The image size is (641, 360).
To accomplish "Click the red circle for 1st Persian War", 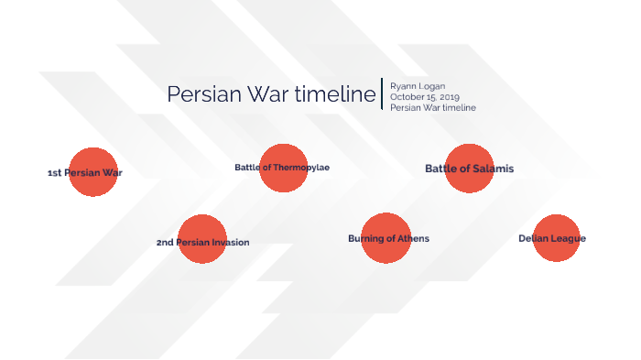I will coord(93,171).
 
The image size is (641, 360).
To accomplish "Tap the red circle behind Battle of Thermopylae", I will coord(284,168).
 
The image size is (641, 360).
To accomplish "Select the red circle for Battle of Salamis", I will coord(470,169).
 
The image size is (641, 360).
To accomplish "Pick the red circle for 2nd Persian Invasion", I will coord(202,239).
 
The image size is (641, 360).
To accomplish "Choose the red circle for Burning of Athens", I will coord(386,238).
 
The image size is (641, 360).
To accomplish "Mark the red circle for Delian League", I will coord(557,238).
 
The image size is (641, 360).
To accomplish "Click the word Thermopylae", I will coord(300,168).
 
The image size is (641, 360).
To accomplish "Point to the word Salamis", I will coord(494,169).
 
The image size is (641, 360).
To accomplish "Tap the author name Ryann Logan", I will coord(418,86).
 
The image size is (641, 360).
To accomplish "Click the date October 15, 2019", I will coord(424,97).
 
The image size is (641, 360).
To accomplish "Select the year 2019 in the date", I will coord(449,97).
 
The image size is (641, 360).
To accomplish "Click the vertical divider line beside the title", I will coord(381,93).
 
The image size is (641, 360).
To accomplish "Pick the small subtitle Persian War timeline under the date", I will coord(432,108).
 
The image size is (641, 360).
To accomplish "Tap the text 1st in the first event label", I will coord(54,172).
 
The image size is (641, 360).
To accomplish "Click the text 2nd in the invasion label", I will coord(165,243).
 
